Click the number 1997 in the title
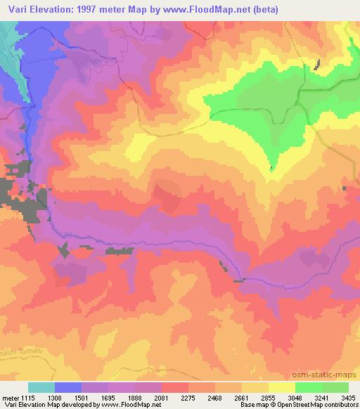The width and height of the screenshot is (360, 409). point(84,9)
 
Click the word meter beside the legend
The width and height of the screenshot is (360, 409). point(11,397)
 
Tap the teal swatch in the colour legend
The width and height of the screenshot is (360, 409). point(41,387)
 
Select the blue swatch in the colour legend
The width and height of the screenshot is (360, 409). point(68,387)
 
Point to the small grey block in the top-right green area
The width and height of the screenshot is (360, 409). point(317,65)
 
